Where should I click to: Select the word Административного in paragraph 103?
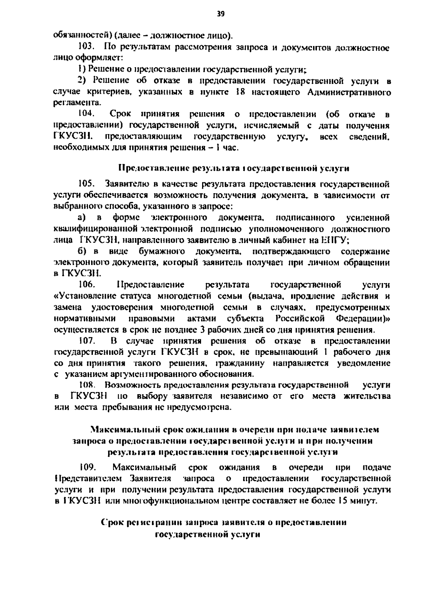349,92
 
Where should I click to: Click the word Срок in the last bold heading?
112,523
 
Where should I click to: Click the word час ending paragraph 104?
231,148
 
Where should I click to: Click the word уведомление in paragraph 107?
364,363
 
